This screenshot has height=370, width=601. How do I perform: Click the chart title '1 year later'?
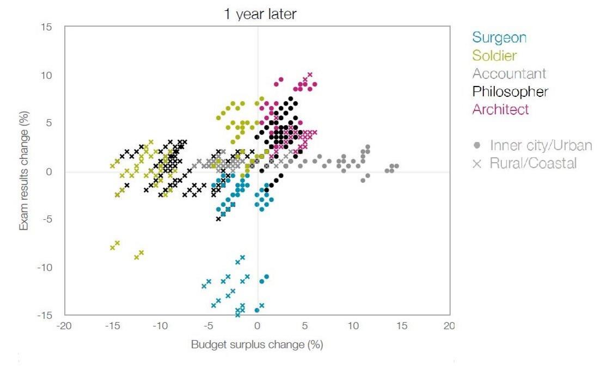260,14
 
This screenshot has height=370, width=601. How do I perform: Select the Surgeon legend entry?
499,38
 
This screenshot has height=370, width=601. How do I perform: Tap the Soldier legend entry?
494,55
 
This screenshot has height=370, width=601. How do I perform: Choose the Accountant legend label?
509,73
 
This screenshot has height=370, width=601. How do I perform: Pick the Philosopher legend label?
510,91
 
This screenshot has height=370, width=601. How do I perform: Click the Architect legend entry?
500,109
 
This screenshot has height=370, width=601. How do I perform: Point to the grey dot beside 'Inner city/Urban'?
477,145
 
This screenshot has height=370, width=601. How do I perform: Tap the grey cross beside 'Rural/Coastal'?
477,163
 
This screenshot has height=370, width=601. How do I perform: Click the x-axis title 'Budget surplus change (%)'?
257,345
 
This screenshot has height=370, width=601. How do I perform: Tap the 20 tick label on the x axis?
449,326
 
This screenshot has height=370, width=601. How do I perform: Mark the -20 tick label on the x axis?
64,326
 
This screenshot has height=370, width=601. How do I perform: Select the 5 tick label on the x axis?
305,326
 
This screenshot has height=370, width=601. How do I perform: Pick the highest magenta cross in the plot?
310,75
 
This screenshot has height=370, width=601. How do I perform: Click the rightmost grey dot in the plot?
396,166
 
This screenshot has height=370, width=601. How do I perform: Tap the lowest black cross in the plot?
218,219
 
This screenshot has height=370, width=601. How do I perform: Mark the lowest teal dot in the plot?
257,310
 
